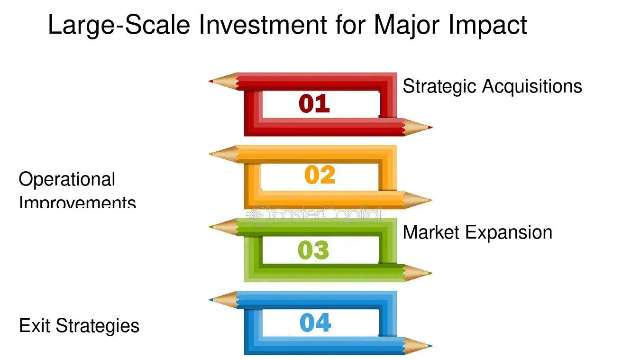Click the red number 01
pos(314,104)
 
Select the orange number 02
pos(320,175)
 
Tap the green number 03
pos(313,250)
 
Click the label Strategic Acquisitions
pos(492,86)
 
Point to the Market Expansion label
pos(477,232)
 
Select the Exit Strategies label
pos(79,326)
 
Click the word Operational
pos(67,180)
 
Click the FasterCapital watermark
pos(315,214)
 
